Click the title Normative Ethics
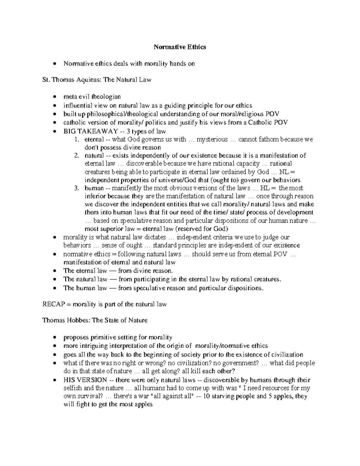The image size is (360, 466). pos(180,47)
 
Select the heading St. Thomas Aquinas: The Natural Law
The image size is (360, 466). pos(97,80)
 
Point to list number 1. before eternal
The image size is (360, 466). pos(77,140)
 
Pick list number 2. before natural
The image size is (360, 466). pos(77,156)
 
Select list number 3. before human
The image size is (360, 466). pos(77,188)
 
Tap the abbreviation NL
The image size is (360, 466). pos(283,172)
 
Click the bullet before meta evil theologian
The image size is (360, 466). pos(54,97)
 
